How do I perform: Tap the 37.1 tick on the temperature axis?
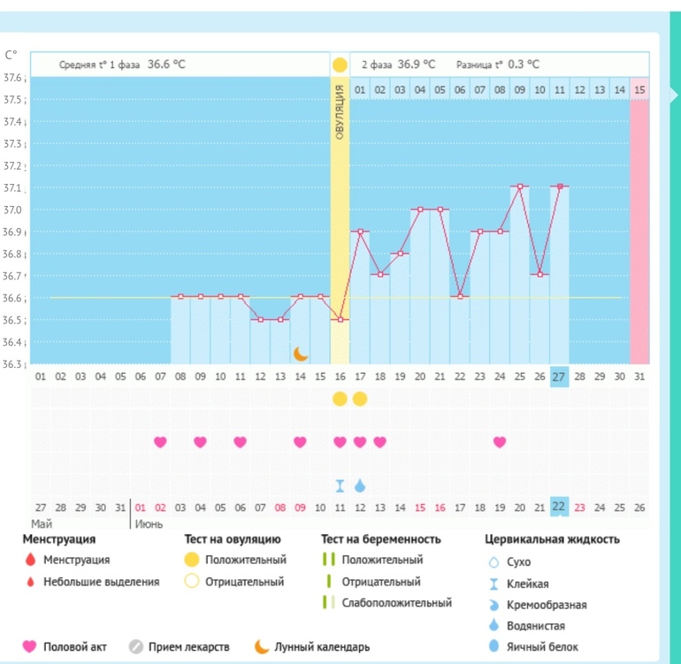pyautogui.click(x=13, y=188)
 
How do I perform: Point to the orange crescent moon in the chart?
pyautogui.click(x=301, y=354)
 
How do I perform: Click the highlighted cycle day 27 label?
pyautogui.click(x=559, y=376)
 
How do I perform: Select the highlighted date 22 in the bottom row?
pyautogui.click(x=559, y=507)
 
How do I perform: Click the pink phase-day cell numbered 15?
pyautogui.click(x=639, y=89)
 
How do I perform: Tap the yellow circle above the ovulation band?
pyautogui.click(x=340, y=65)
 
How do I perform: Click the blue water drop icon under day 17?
pyautogui.click(x=360, y=485)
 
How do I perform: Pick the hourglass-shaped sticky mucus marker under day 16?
pyautogui.click(x=340, y=485)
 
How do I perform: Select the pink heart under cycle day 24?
pyautogui.click(x=500, y=442)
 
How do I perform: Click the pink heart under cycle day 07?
pyautogui.click(x=160, y=442)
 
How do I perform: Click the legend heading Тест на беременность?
pyautogui.click(x=380, y=538)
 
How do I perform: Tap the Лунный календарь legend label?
pyautogui.click(x=322, y=647)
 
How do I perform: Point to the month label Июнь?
pyautogui.click(x=148, y=523)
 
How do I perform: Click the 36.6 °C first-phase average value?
pyautogui.click(x=166, y=65)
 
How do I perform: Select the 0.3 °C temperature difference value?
pyautogui.click(x=524, y=65)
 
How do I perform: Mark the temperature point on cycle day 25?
pyautogui.click(x=519, y=187)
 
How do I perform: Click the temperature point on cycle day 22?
pyautogui.click(x=460, y=296)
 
